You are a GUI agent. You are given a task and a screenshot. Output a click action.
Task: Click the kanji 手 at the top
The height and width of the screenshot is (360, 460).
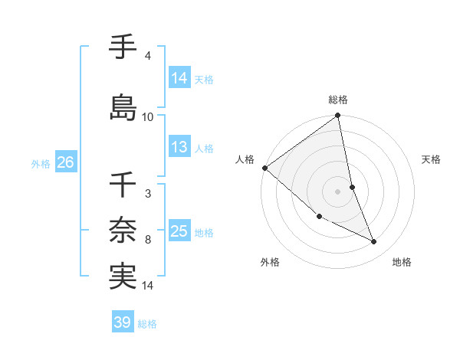click(x=123, y=47)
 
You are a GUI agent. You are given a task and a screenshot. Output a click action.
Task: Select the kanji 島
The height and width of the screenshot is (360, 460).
click(x=123, y=108)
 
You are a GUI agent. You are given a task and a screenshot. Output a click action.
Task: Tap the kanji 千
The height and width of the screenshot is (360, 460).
click(x=123, y=185)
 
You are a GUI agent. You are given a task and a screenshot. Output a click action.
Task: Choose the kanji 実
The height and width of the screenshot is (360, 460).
click(x=123, y=276)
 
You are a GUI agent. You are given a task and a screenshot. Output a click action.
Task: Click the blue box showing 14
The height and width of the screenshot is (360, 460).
click(x=179, y=78)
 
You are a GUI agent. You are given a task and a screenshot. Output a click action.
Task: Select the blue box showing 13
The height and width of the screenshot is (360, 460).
click(x=179, y=147)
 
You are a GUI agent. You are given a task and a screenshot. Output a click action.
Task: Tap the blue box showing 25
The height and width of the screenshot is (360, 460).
click(x=179, y=232)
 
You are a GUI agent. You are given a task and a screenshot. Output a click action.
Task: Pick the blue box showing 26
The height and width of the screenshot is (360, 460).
click(x=65, y=163)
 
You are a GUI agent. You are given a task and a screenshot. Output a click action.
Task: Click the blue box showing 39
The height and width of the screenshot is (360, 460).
click(x=123, y=322)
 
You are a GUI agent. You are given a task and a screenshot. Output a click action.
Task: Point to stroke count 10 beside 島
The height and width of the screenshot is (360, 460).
click(x=148, y=117)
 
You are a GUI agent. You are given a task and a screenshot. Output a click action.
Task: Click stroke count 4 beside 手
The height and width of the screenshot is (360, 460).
click(x=147, y=56)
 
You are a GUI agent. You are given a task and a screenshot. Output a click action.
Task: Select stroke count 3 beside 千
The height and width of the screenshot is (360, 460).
click(x=147, y=194)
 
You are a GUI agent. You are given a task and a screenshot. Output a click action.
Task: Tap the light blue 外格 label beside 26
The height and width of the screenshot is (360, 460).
click(x=41, y=164)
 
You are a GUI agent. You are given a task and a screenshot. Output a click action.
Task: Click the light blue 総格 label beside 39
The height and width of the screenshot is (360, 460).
click(x=147, y=324)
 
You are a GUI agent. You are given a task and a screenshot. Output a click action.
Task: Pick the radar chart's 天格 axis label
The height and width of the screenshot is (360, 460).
click(x=432, y=159)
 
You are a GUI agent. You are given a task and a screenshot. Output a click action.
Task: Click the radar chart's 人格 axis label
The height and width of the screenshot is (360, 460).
click(x=245, y=159)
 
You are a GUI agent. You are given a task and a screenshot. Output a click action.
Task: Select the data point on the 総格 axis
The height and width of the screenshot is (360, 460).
click(x=338, y=116)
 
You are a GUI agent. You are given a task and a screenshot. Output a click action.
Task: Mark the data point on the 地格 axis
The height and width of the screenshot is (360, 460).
click(x=374, y=242)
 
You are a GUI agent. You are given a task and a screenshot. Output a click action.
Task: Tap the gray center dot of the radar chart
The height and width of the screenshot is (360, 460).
click(x=338, y=191)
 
